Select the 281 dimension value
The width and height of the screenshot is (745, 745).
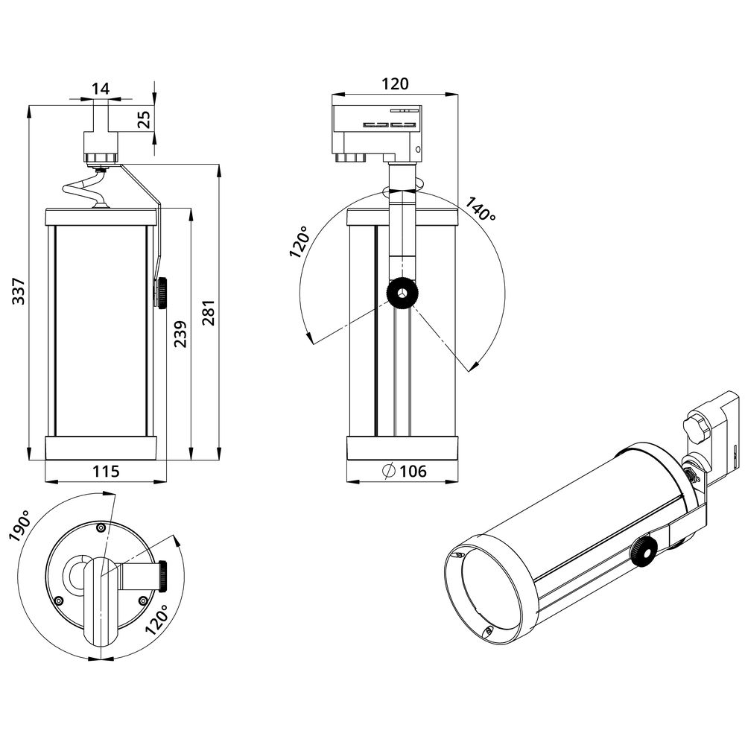click(209, 312)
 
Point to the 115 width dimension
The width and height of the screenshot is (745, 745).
click(106, 471)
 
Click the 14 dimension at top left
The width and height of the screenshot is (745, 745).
click(101, 89)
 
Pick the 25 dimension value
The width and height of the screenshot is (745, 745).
click(144, 119)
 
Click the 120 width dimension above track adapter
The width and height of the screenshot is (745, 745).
click(395, 84)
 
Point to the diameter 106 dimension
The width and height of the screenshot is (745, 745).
click(404, 471)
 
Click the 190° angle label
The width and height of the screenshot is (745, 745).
click(20, 527)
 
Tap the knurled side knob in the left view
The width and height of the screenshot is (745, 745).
click(161, 293)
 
